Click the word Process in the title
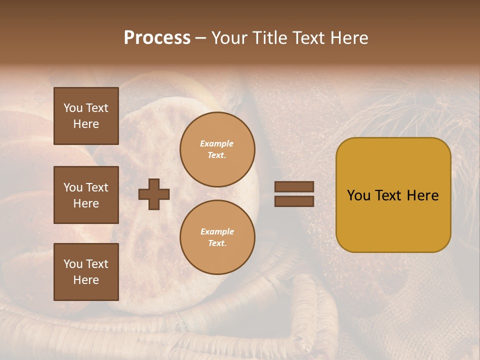click(x=157, y=38)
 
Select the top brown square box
click(x=86, y=116)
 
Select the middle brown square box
click(x=86, y=195)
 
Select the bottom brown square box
click(x=86, y=271)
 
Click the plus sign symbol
click(x=154, y=194)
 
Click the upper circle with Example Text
click(x=217, y=149)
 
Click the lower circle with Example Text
click(x=217, y=237)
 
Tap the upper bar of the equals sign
click(x=294, y=187)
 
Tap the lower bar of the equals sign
click(x=294, y=201)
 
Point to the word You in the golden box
click(x=358, y=195)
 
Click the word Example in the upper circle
click(x=216, y=143)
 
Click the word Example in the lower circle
click(x=217, y=231)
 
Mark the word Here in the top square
click(x=86, y=124)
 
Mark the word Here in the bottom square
click(x=86, y=280)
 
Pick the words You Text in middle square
click(x=86, y=187)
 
